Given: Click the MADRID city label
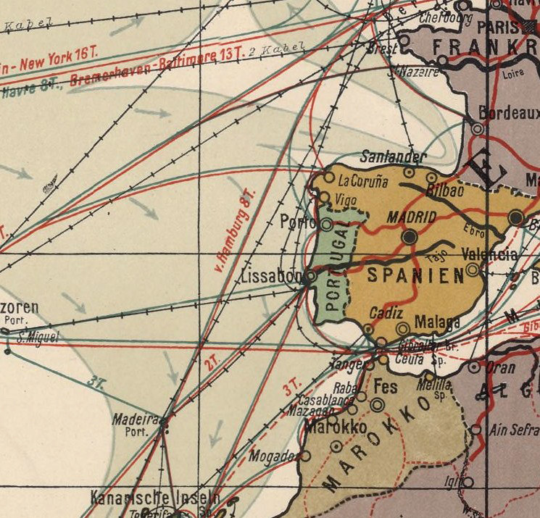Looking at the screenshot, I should click(412, 217).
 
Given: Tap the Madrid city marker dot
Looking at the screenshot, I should click(410, 237).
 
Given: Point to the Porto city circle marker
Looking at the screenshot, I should click(326, 225).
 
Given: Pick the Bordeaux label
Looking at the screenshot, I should click(509, 114).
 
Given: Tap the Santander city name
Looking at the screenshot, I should click(394, 157).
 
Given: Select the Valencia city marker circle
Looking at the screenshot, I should click(473, 270).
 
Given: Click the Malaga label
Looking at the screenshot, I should click(437, 322).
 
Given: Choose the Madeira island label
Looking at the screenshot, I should click(135, 419).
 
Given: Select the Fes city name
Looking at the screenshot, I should click(386, 388).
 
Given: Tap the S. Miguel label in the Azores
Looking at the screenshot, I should click(36, 336).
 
